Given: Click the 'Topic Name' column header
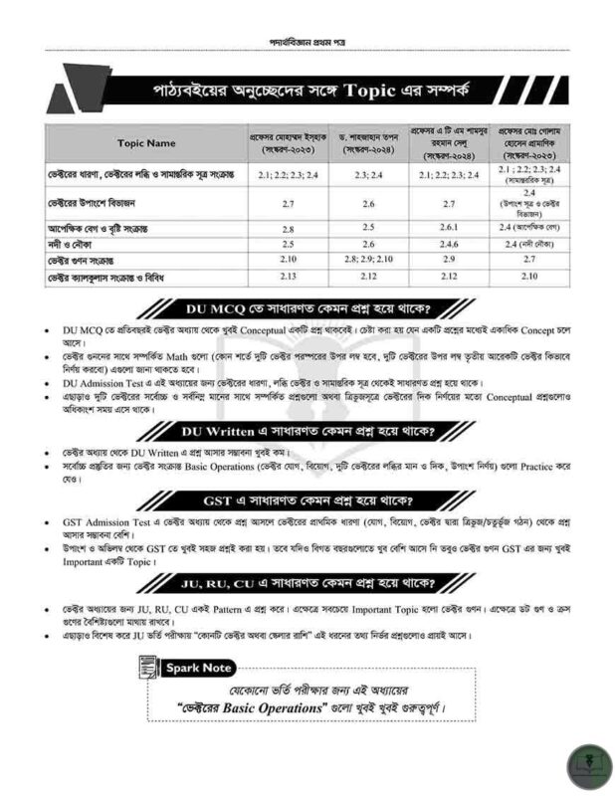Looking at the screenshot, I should tap(145, 142).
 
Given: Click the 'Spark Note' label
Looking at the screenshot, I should tap(199, 668).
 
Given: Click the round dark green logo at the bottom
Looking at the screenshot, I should tap(588, 766).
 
